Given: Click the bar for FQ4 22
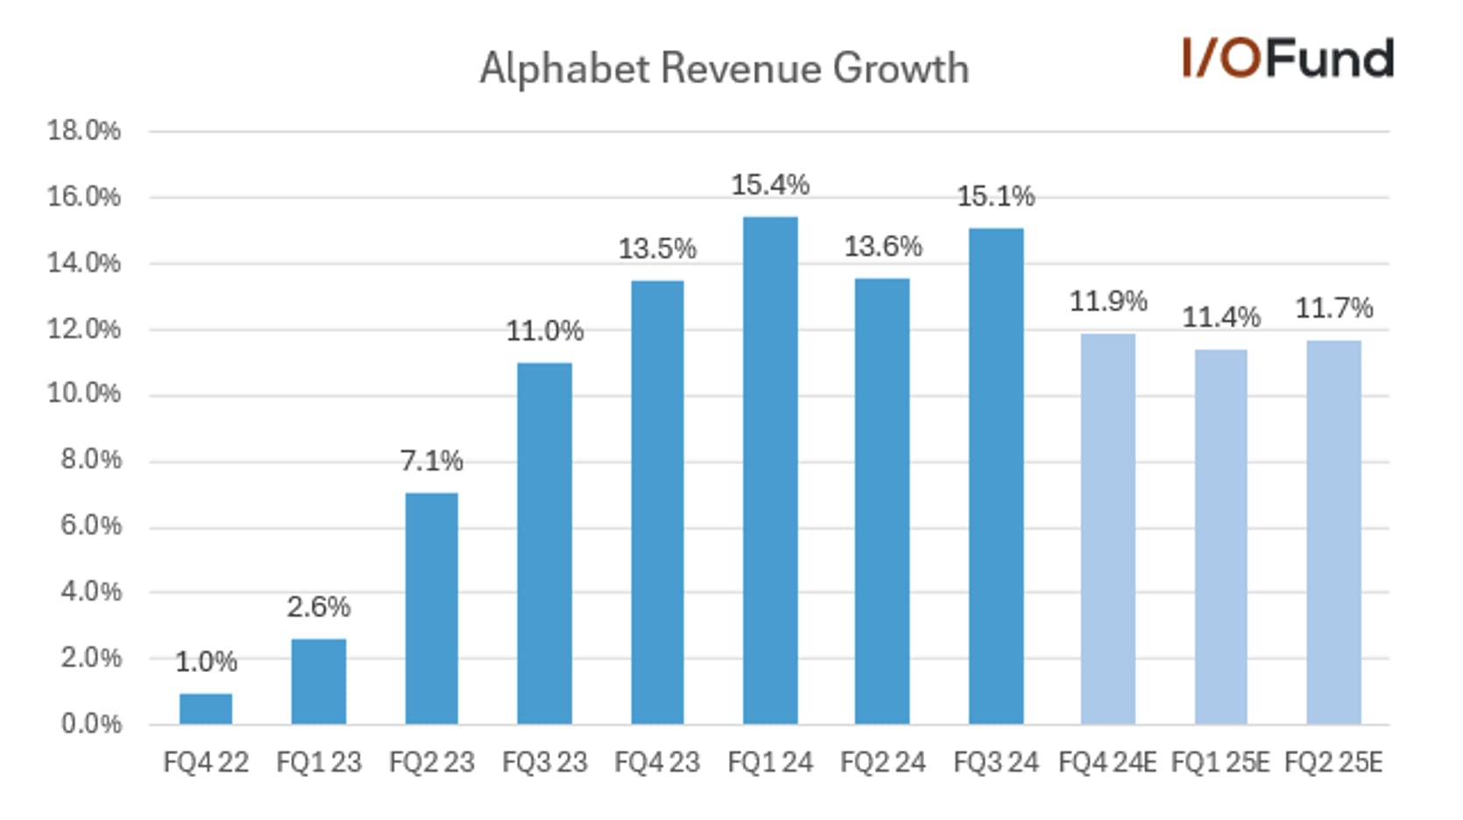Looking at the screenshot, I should [206, 709].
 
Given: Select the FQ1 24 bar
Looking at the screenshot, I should [770, 470].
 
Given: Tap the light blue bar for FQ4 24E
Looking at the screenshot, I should [1108, 528].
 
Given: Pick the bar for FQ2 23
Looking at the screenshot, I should [431, 608].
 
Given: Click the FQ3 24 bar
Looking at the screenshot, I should [996, 476].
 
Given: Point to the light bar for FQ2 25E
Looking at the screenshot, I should [1333, 532].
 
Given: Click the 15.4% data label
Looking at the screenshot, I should [770, 185].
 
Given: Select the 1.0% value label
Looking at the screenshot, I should [206, 661].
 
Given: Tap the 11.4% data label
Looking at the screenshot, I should [1221, 317].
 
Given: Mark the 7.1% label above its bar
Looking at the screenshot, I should [431, 461].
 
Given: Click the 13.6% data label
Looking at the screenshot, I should [883, 247].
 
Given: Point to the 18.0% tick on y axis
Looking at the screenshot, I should [84, 131].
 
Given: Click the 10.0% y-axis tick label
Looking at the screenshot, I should [84, 394].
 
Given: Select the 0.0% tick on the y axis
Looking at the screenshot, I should [91, 724].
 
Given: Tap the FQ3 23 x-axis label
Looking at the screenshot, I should [544, 762].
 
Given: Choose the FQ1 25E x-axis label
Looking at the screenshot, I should [1220, 762].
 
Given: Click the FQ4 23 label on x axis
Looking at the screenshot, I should [657, 762].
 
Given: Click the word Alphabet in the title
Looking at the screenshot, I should [564, 69].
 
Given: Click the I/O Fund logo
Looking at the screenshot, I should [1287, 58].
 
